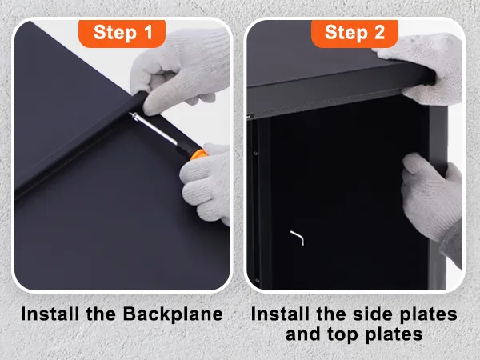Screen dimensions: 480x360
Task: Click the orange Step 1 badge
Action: point(122,33)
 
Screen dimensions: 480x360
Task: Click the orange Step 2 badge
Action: point(354,33)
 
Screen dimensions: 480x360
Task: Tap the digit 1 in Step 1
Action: point(148,32)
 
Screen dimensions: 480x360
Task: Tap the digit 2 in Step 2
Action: point(379,32)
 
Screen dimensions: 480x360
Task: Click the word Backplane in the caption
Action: point(173,314)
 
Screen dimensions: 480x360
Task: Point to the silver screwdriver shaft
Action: point(155,130)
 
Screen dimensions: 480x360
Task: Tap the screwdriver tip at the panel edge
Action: point(132,114)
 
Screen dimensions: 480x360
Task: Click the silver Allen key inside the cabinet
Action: point(298,238)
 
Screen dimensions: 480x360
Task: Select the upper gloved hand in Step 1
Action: point(181,70)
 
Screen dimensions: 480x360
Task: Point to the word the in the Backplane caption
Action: point(102,314)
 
